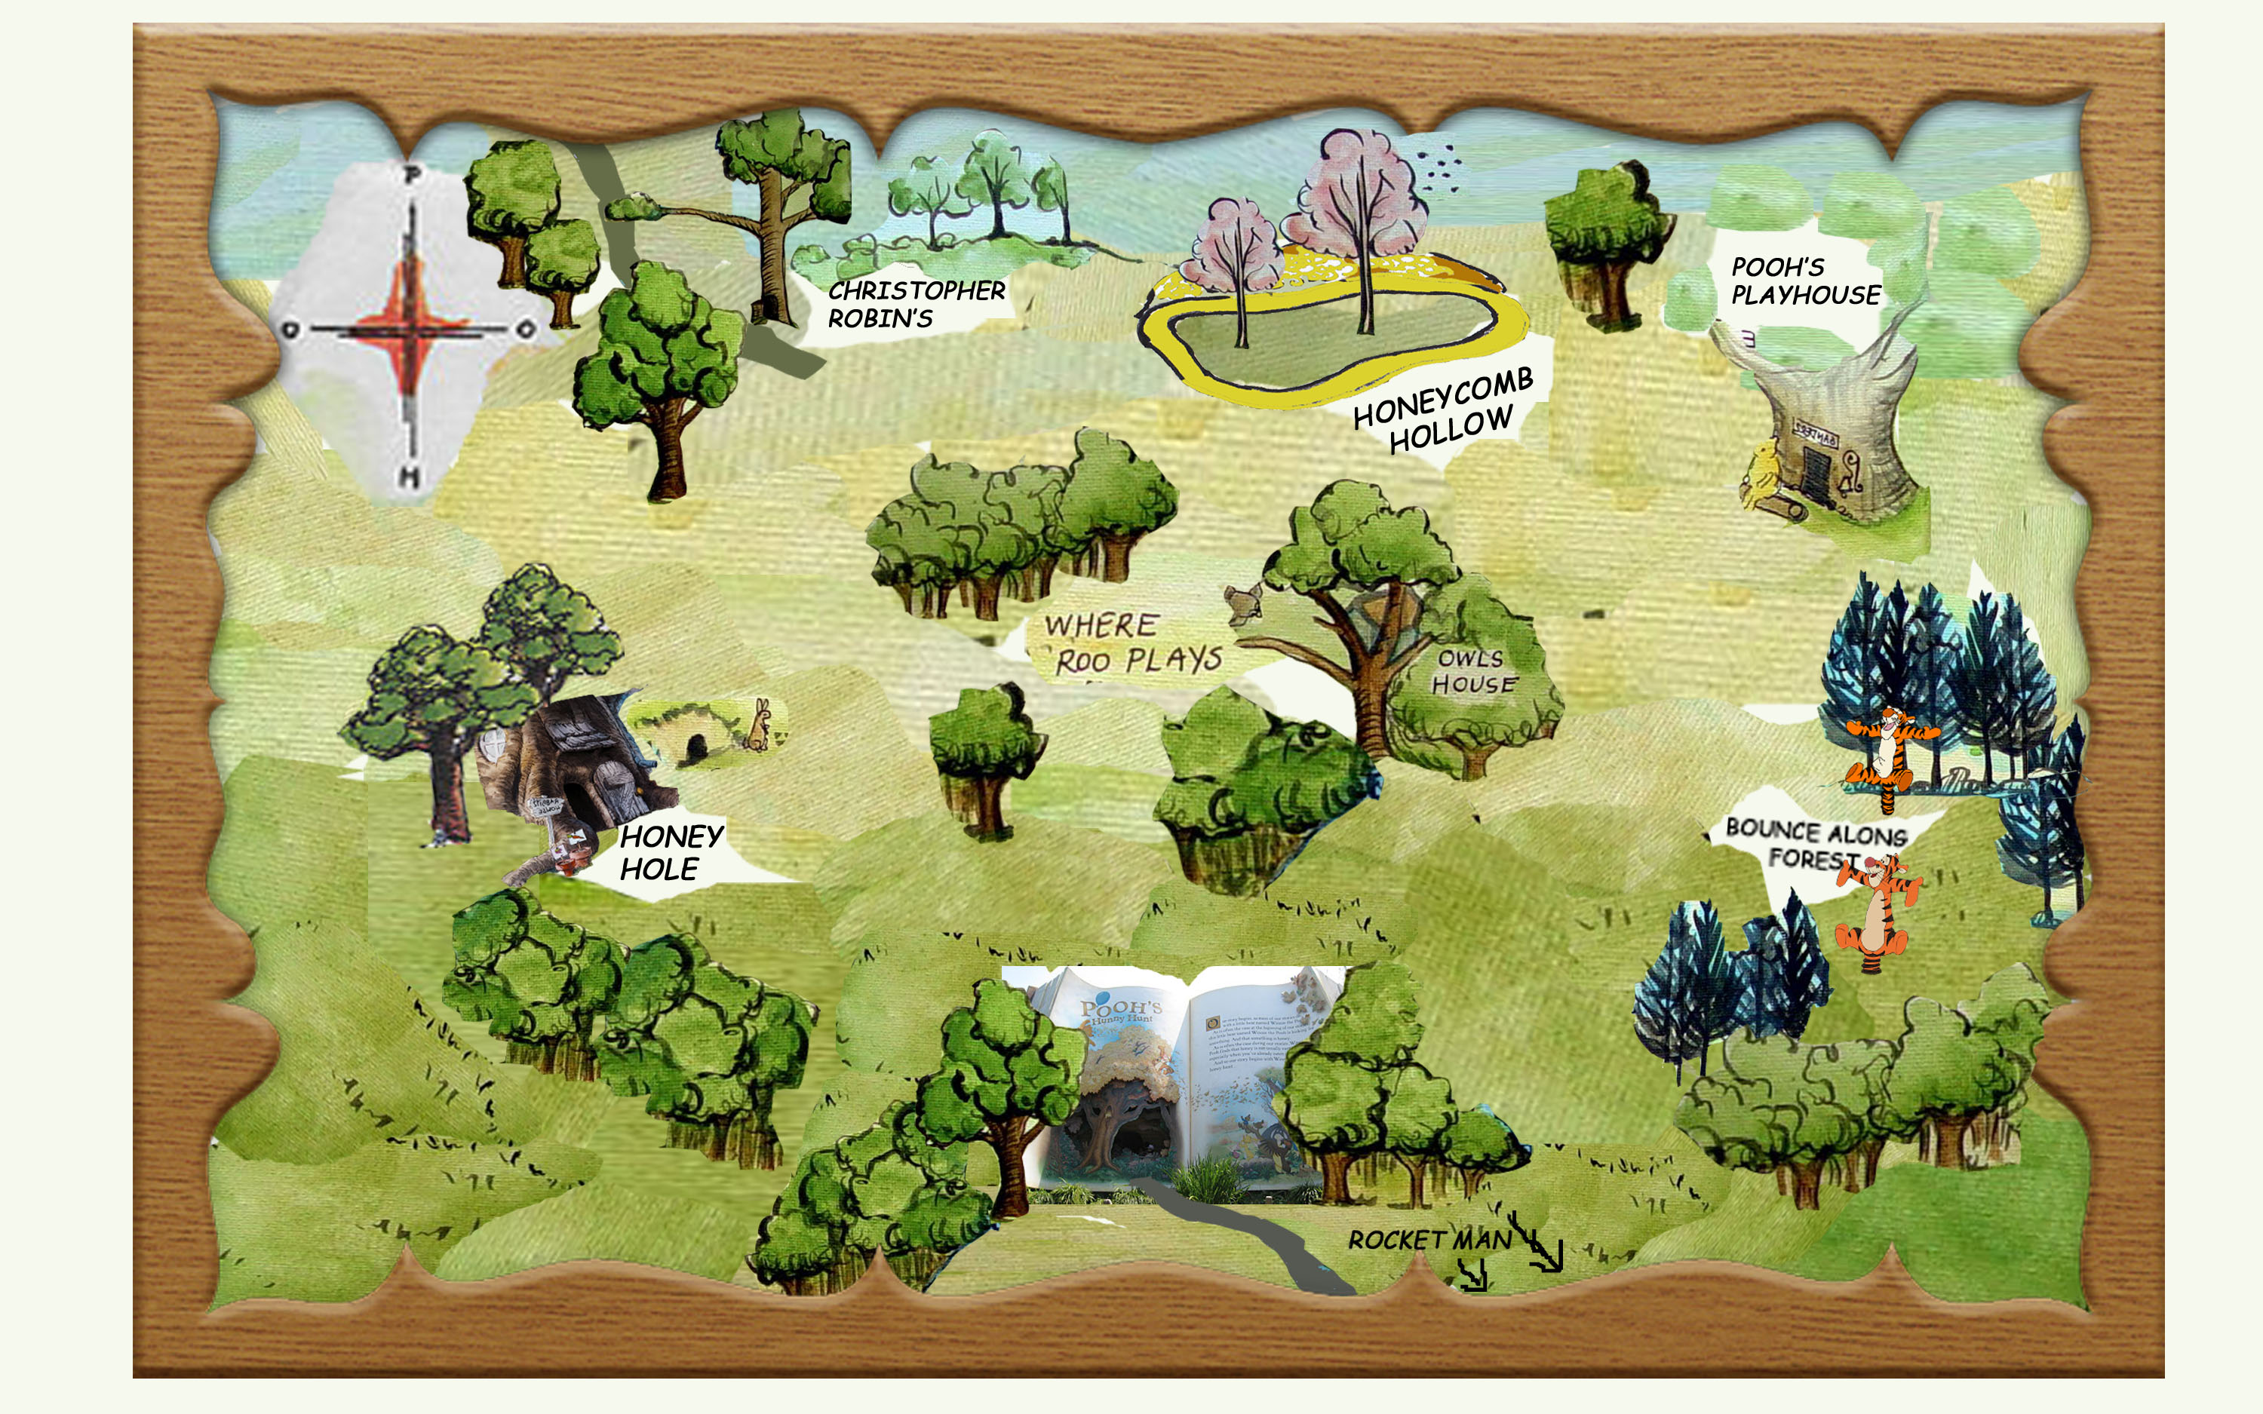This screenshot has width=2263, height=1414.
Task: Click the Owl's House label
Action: pos(1472,671)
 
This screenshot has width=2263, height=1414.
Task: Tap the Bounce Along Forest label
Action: pos(1815,842)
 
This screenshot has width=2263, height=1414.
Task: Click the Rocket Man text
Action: pos(1429,1240)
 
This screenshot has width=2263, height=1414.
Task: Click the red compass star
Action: pos(409,327)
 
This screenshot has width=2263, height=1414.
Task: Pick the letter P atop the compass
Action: pos(411,175)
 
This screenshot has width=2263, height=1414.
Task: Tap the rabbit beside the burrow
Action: pos(760,724)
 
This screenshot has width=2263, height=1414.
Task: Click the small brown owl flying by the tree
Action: pos(1244,603)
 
